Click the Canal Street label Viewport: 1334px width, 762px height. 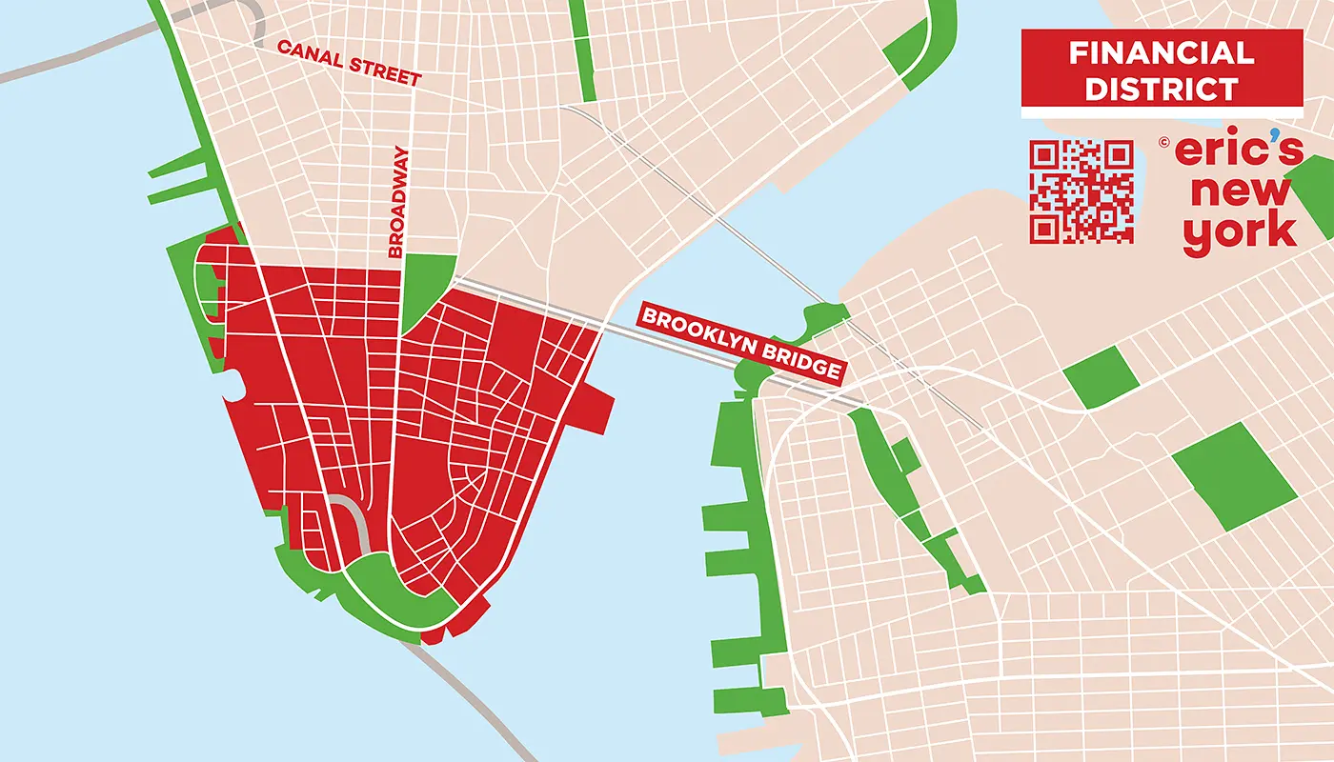tap(348, 63)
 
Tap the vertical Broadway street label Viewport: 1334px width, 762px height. tap(399, 202)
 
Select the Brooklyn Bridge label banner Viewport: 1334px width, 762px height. tap(740, 343)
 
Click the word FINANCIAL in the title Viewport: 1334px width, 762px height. tap(1162, 52)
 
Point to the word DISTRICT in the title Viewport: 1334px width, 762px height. tap(1162, 89)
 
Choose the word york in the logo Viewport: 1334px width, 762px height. tap(1240, 231)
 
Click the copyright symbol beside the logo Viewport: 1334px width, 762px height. tap(1164, 143)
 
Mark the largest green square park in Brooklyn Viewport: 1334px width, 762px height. tap(1233, 475)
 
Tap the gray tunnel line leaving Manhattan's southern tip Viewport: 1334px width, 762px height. tap(467, 695)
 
